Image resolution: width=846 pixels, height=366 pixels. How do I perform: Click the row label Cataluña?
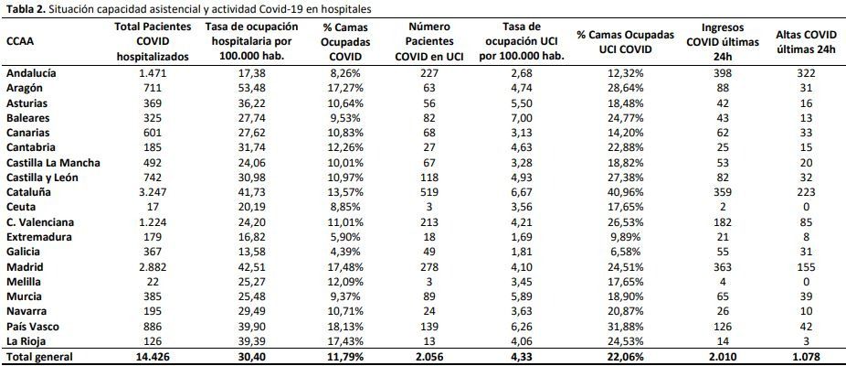(x=27, y=192)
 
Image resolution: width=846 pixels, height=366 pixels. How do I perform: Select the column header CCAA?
(x=19, y=41)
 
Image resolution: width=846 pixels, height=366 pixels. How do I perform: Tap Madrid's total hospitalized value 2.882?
(x=153, y=267)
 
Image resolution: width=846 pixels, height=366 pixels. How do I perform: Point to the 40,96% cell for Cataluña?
(x=625, y=192)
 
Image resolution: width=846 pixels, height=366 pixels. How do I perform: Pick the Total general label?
(x=39, y=357)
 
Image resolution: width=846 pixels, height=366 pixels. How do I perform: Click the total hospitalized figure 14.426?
(x=153, y=357)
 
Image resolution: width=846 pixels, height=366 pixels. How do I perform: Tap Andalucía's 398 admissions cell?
(x=723, y=73)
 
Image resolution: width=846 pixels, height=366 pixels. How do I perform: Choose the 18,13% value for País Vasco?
(x=344, y=327)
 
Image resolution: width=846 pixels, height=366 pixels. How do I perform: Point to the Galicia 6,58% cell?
(x=625, y=252)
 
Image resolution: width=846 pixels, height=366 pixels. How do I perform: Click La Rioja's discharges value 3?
(x=806, y=341)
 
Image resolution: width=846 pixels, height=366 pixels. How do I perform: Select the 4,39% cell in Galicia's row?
(x=344, y=252)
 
